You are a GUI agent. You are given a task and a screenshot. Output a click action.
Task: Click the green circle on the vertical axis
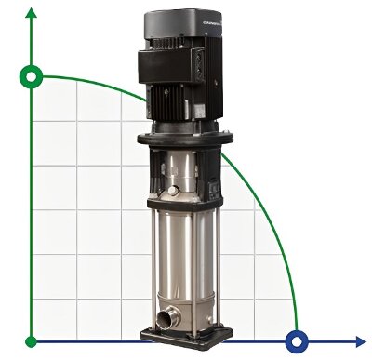point(33,77)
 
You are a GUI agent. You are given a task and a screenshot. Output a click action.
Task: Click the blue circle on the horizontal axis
point(298,340)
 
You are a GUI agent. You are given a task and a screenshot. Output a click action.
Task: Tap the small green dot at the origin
point(33,340)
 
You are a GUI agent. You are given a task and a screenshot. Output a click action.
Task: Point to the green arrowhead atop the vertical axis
point(33,14)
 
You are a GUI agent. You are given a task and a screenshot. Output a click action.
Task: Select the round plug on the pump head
point(172,192)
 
